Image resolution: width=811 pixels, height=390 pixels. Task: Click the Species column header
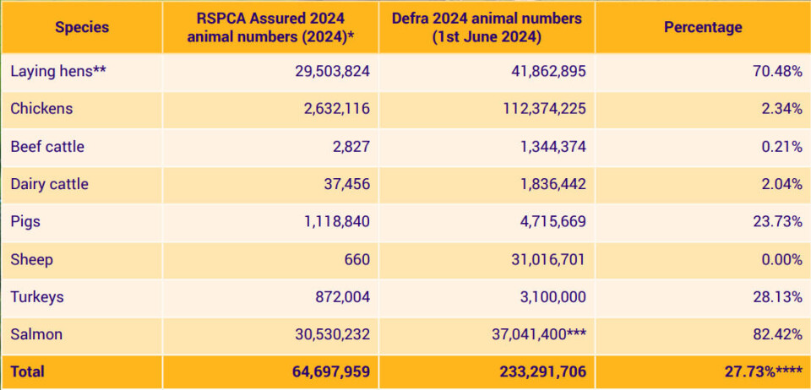(82, 27)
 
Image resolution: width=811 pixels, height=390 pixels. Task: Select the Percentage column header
(702, 27)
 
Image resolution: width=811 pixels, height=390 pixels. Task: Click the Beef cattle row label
(47, 146)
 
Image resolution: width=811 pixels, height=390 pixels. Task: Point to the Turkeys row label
(37, 297)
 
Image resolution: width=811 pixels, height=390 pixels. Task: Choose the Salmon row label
(36, 334)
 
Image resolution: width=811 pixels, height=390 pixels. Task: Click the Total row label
(28, 371)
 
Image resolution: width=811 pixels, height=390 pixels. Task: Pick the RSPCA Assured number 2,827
(349, 146)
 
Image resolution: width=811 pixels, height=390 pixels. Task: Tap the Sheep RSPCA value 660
(357, 259)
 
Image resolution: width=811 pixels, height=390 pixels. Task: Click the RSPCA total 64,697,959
(322, 371)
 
